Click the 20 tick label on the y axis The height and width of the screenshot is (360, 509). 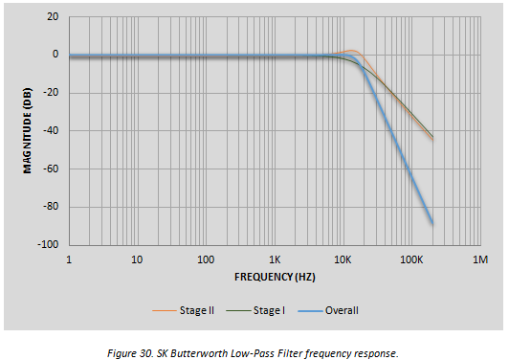tap(53, 16)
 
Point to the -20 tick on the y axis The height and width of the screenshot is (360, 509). tap(51, 93)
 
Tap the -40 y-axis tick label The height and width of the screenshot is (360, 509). tap(51, 130)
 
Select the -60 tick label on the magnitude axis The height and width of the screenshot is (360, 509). tap(51, 169)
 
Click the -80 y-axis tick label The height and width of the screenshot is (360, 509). tap(51, 206)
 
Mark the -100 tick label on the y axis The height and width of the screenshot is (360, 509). tap(49, 244)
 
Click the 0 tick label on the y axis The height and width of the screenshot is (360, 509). tap(55, 55)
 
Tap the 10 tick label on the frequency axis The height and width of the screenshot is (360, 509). tap(137, 259)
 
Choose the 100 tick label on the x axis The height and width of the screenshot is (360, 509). tap(206, 259)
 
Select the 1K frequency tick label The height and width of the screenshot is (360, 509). tap(275, 259)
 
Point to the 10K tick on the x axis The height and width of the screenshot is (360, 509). tap(343, 259)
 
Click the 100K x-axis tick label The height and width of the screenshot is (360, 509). tap(411, 259)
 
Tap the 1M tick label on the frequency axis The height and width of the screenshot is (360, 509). tap(480, 259)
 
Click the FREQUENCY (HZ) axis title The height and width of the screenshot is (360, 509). tap(275, 277)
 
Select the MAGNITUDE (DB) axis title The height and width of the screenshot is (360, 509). tap(28, 130)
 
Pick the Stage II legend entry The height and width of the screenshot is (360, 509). tap(184, 311)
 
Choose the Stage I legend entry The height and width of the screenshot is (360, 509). tap(255, 311)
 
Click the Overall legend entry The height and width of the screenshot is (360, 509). tap(328, 311)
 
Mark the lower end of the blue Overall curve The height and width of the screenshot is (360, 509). tap(432, 223)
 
